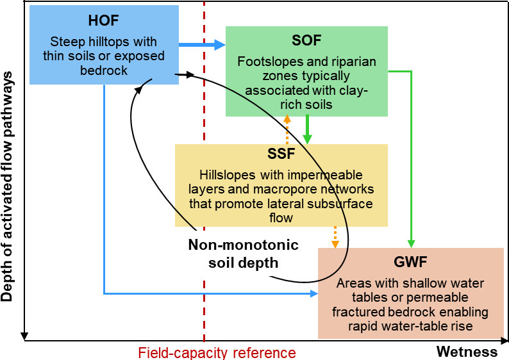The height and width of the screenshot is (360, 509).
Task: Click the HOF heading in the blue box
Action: click(x=104, y=20)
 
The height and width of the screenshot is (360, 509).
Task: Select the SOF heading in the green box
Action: click(x=306, y=40)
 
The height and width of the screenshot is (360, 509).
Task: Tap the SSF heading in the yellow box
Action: click(x=281, y=154)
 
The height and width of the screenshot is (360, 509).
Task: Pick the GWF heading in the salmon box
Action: click(x=410, y=262)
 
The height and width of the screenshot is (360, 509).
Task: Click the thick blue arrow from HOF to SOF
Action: click(x=202, y=45)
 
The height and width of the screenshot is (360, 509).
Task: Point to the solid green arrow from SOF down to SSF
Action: click(x=307, y=130)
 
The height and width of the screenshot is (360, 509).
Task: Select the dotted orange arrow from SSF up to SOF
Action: click(x=287, y=130)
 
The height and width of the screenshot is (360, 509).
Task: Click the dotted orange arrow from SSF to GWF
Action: click(x=335, y=238)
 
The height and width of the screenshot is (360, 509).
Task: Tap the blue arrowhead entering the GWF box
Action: click(x=314, y=294)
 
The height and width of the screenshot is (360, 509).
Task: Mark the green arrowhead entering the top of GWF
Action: click(x=412, y=244)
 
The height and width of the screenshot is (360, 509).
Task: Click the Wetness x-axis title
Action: click(x=467, y=352)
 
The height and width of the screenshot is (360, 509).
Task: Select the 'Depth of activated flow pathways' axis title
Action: click(x=6, y=186)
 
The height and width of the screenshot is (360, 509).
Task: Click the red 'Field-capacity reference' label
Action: click(x=217, y=353)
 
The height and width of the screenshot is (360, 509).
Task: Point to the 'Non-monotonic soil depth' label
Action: click(x=244, y=254)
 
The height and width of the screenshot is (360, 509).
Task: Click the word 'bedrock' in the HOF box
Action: click(x=104, y=70)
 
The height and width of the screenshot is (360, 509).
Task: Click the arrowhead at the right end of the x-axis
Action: click(x=505, y=341)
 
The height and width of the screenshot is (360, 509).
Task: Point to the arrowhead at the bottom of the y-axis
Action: click(x=24, y=337)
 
